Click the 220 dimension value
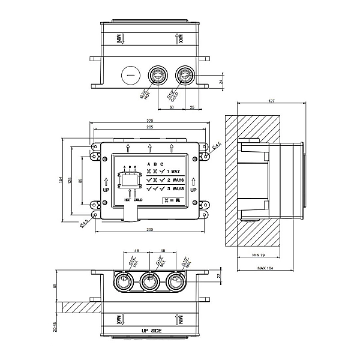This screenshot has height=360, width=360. click(149, 121)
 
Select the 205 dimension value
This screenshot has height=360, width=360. click(149, 128)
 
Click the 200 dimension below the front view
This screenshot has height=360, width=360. click(149, 230)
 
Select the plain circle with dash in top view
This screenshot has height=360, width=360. click(130, 75)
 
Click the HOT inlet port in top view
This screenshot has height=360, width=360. click(157, 76)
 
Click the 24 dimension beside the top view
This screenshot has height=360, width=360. click(220, 80)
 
